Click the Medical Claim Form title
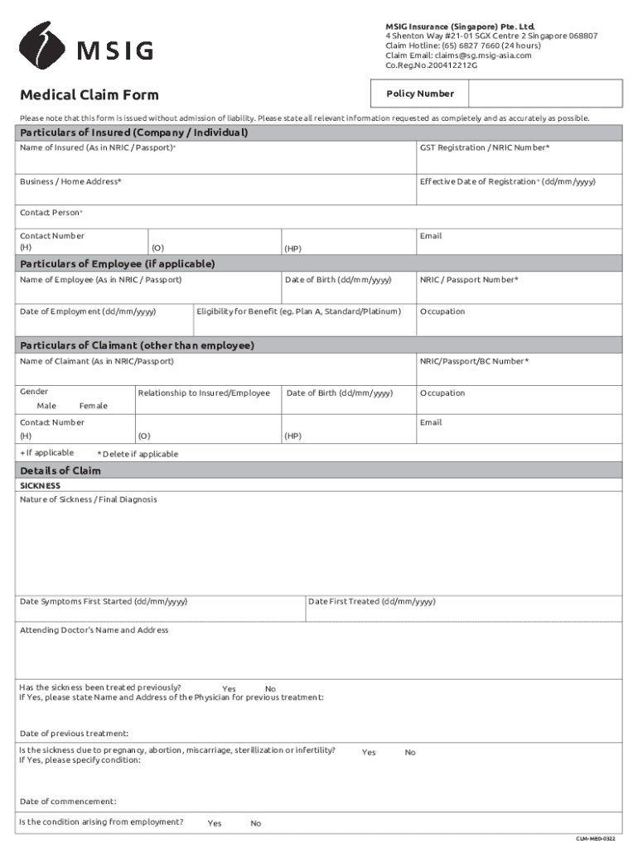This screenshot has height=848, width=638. pyautogui.click(x=89, y=95)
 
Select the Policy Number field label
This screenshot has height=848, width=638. pyautogui.click(x=419, y=94)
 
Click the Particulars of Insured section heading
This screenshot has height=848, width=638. pyautogui.click(x=134, y=133)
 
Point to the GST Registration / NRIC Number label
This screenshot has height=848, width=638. pyautogui.click(x=485, y=147)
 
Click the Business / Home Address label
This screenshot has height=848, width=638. pyautogui.click(x=70, y=181)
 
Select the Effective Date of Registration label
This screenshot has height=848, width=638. pyautogui.click(x=507, y=181)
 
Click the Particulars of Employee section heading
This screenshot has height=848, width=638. pyautogui.click(x=118, y=264)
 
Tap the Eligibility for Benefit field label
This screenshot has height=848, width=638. pyautogui.click(x=298, y=311)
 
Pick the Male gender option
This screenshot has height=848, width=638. pyautogui.click(x=46, y=406)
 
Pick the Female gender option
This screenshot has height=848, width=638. pyautogui.click(x=93, y=406)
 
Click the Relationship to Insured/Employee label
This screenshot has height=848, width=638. pyautogui.click(x=204, y=393)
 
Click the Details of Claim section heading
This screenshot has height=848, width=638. pyautogui.click(x=60, y=471)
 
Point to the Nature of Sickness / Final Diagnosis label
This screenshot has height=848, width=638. pyautogui.click(x=89, y=499)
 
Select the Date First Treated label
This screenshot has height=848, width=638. pyautogui.click(x=371, y=602)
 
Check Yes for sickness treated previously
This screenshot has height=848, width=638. pyautogui.click(x=229, y=689)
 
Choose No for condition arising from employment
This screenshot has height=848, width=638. pyautogui.click(x=255, y=823)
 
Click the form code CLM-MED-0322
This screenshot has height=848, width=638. pyautogui.click(x=596, y=839)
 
